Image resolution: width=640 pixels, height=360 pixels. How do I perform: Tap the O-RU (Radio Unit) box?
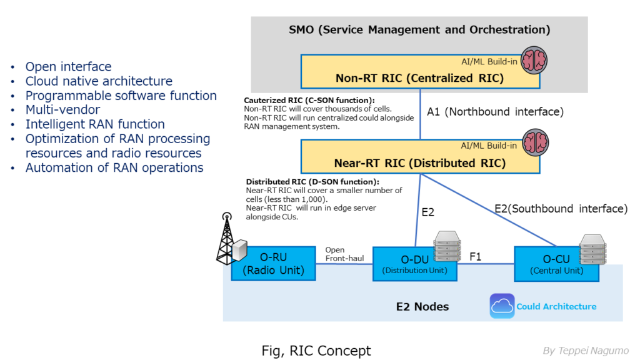(272, 264)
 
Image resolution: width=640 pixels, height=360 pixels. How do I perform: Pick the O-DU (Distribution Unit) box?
(414, 264)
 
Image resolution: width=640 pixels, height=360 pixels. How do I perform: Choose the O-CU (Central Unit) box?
(555, 264)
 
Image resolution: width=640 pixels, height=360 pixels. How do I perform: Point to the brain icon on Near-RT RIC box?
(534, 144)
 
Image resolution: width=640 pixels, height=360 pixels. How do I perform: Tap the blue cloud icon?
(502, 306)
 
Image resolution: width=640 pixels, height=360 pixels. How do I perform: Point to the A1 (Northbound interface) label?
(495, 112)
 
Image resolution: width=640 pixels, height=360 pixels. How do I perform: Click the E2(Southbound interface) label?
(560, 209)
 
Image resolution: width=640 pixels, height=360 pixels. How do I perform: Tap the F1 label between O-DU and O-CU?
(475, 256)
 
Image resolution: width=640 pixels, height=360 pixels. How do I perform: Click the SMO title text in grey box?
(419, 29)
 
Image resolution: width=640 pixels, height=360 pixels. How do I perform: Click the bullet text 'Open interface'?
(68, 67)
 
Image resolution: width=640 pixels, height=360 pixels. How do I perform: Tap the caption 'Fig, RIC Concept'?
(316, 351)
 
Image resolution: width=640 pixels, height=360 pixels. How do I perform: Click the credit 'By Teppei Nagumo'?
(586, 351)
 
